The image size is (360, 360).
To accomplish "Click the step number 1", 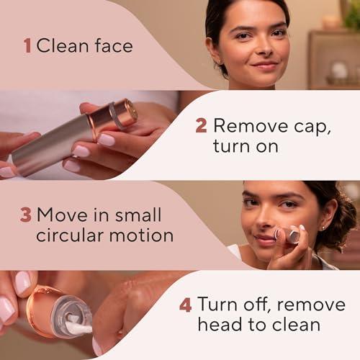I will (27, 46).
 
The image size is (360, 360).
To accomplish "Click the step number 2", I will (202, 126).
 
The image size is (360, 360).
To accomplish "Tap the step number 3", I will (26, 215).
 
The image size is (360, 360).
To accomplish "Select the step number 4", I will (185, 305).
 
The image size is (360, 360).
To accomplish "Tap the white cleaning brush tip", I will (80, 327).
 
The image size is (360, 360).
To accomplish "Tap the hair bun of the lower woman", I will (346, 216).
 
